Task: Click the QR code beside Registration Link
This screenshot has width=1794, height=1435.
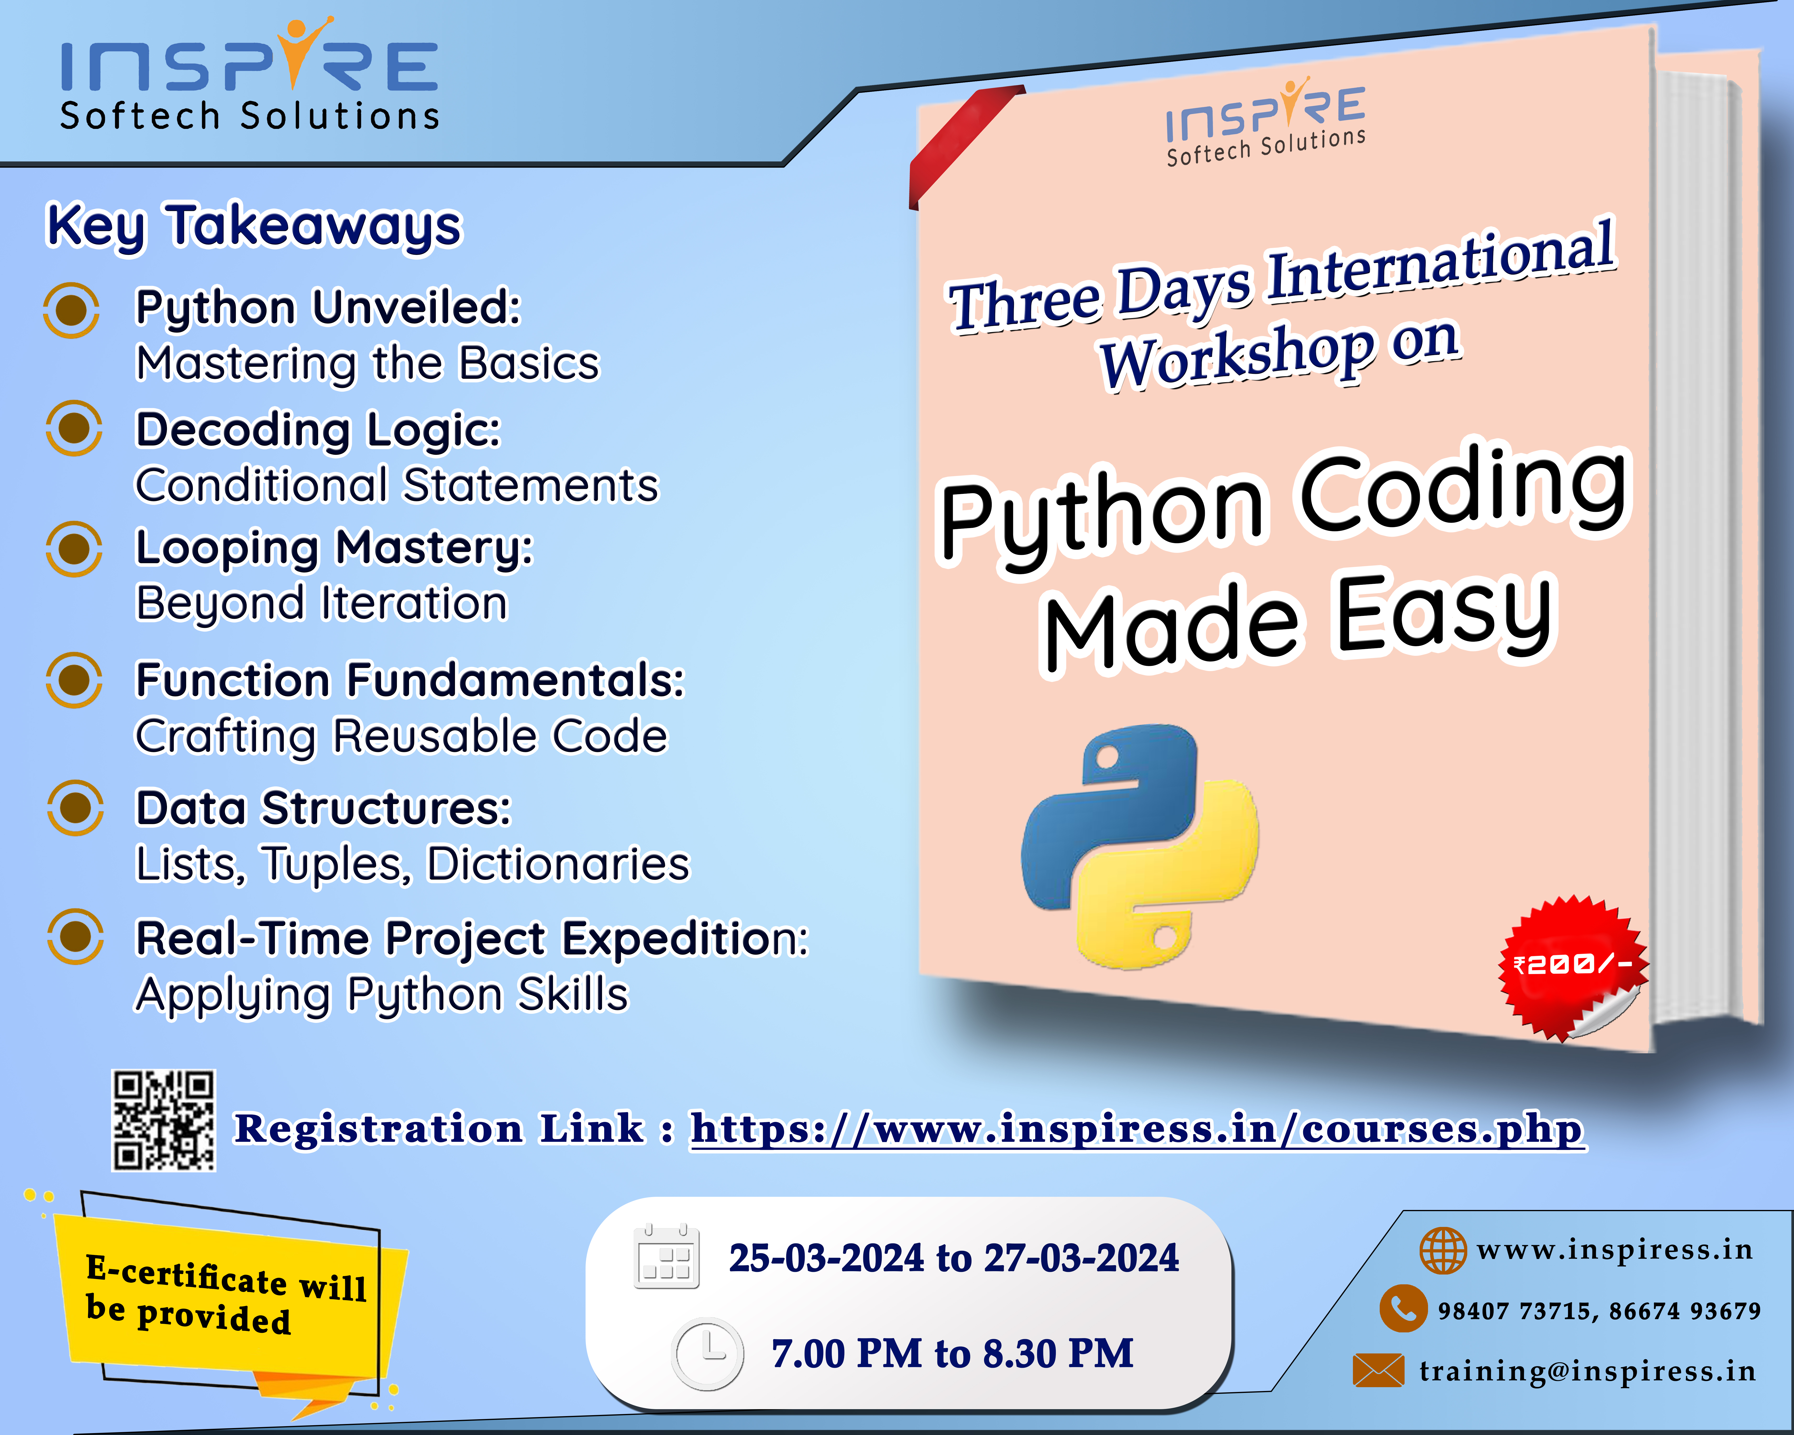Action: (x=164, y=1120)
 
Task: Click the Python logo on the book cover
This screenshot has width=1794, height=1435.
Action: (x=1140, y=846)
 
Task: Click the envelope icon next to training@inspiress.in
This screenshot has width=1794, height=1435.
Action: (x=1378, y=1370)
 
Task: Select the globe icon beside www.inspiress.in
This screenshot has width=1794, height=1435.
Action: (x=1443, y=1250)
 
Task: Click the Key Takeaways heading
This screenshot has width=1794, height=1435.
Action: (x=254, y=226)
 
